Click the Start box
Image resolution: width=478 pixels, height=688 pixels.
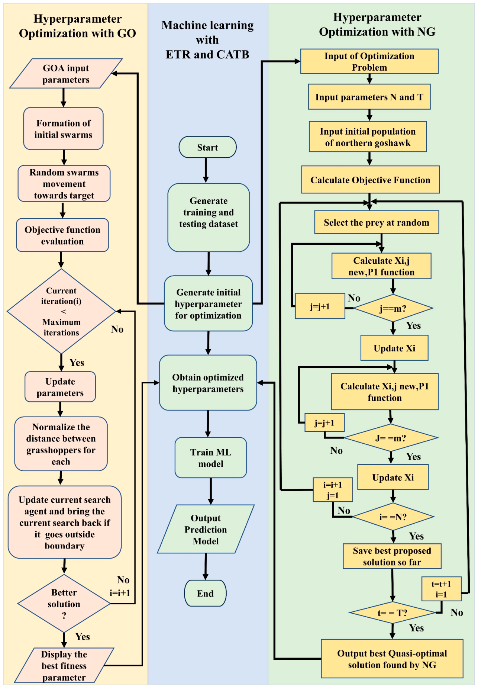[x=207, y=147]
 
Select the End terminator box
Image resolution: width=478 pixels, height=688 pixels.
[x=205, y=593]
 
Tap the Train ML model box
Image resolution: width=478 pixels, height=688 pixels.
[x=211, y=458]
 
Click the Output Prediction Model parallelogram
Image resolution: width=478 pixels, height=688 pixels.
[x=206, y=529]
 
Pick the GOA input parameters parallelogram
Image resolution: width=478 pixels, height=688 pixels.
[x=66, y=74]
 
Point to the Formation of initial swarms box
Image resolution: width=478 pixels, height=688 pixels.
[x=63, y=129]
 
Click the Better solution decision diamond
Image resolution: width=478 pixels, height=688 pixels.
[x=64, y=604]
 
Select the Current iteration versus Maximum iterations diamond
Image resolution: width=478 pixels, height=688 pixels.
[x=61, y=311]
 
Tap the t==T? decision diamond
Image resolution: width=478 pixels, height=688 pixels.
[x=393, y=613]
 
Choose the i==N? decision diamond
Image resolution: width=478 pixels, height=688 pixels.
[x=393, y=517]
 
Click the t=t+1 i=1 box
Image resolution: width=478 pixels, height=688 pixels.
[x=441, y=589]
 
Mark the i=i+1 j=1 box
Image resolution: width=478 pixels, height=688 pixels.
[x=333, y=490]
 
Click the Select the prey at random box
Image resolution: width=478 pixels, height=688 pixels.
[x=377, y=222]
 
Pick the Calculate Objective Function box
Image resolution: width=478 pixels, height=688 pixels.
[x=370, y=180]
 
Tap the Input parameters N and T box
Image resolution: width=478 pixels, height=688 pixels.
[x=369, y=97]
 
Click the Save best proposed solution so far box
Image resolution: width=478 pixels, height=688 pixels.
[x=392, y=556]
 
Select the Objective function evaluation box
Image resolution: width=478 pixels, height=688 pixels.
[x=62, y=235]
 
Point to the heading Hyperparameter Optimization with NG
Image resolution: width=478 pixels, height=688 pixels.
[x=377, y=25]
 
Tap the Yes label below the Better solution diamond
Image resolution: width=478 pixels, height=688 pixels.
[x=83, y=637]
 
